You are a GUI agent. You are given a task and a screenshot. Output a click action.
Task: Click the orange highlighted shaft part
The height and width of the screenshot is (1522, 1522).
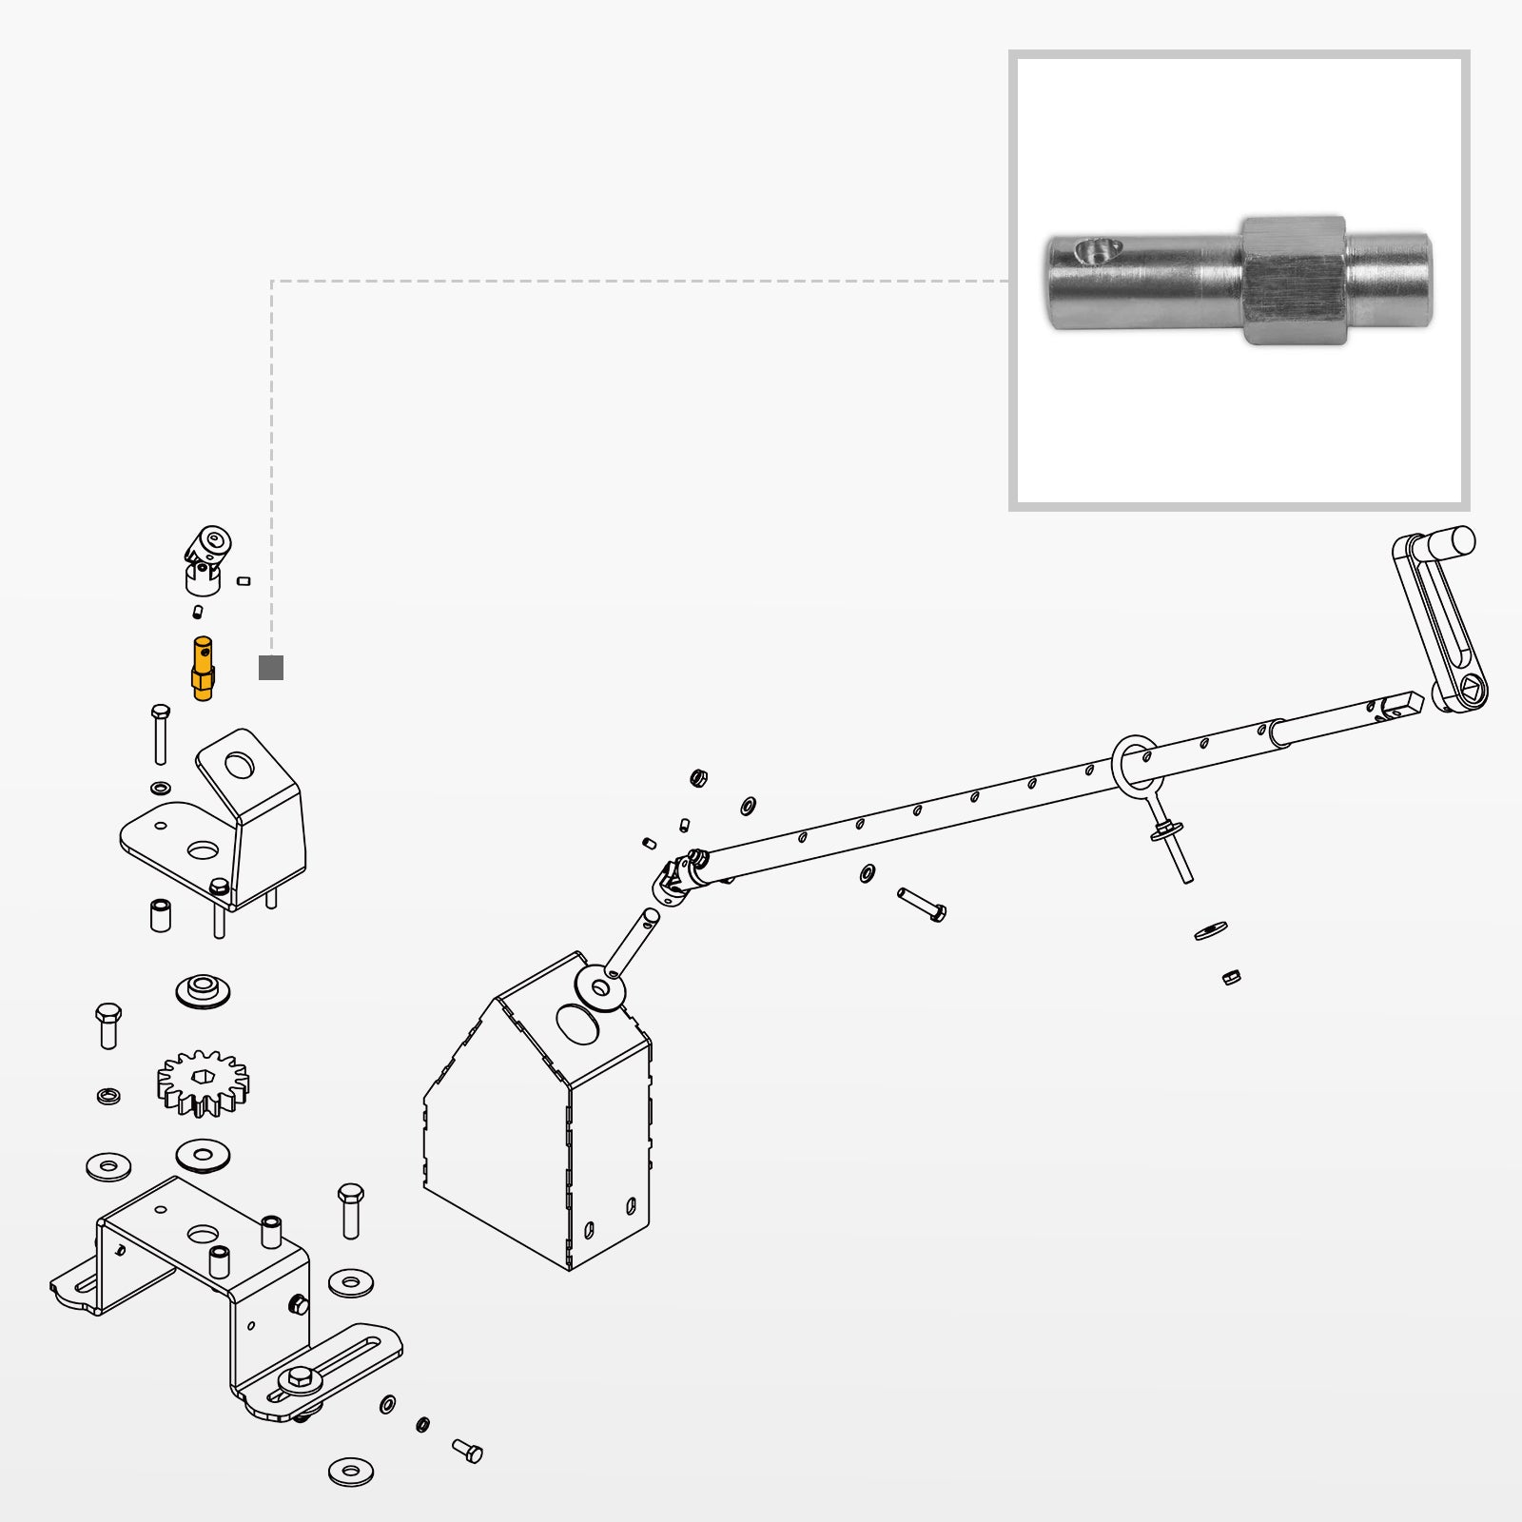click(x=203, y=668)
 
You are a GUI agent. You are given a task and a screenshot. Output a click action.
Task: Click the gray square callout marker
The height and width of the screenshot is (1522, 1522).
click(x=271, y=668)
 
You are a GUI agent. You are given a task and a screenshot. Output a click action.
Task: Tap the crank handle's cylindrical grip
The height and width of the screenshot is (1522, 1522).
click(x=1452, y=545)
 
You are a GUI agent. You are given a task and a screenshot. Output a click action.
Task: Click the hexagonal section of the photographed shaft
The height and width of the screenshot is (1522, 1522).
click(x=1294, y=280)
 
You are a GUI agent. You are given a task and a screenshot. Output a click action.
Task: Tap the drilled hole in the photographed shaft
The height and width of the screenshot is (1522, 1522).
click(x=1094, y=251)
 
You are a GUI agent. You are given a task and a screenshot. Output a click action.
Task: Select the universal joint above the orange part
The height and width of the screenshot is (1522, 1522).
click(x=205, y=557)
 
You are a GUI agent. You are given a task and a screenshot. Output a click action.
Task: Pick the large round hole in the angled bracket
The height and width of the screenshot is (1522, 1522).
click(x=240, y=764)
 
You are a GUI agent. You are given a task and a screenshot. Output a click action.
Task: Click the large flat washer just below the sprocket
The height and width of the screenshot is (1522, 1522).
click(x=203, y=1156)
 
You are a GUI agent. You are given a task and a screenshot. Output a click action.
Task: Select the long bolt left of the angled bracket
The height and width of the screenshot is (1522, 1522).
click(x=160, y=734)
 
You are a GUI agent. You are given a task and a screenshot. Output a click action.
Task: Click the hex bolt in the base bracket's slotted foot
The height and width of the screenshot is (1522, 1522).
click(x=301, y=1376)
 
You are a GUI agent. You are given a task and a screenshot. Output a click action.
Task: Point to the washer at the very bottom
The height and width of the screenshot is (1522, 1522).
click(x=351, y=1472)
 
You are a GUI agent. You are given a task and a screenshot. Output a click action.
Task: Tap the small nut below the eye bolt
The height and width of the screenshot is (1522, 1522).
click(x=1231, y=977)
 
